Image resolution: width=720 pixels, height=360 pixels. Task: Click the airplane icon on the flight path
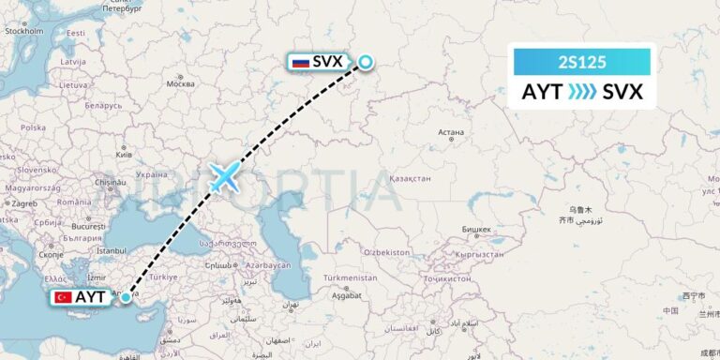225,176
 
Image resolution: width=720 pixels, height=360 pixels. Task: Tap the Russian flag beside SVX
301,63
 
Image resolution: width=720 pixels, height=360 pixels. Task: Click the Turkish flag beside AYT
64,297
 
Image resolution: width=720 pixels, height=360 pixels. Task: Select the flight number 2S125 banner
581,63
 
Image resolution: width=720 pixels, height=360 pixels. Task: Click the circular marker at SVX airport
365,63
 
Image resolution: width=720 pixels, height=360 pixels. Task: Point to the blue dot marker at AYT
126,297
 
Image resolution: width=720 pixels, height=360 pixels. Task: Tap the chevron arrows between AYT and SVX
581,92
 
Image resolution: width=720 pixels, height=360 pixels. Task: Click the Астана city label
451,132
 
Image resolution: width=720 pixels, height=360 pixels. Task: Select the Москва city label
180,83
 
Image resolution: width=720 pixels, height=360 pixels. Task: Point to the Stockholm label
24,31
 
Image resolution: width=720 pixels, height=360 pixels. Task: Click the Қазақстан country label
410,178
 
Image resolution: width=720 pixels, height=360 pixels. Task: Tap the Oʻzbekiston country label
386,252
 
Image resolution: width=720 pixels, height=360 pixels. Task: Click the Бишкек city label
476,229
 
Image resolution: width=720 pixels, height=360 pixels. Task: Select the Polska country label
33,127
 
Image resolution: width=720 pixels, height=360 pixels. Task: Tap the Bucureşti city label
86,226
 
